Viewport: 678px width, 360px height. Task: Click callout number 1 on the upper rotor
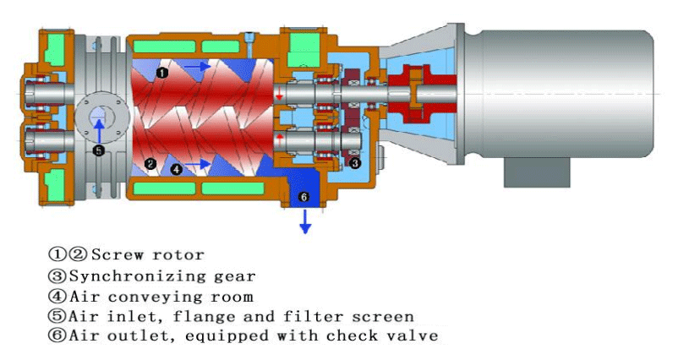pos(162,74)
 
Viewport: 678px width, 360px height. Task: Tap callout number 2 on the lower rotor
pos(150,163)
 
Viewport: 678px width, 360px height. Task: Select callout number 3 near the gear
pos(355,163)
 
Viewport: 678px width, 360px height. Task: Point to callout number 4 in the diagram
pos(176,169)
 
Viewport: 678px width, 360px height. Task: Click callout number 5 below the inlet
pos(99,151)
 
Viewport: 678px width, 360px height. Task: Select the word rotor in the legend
pos(181,254)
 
